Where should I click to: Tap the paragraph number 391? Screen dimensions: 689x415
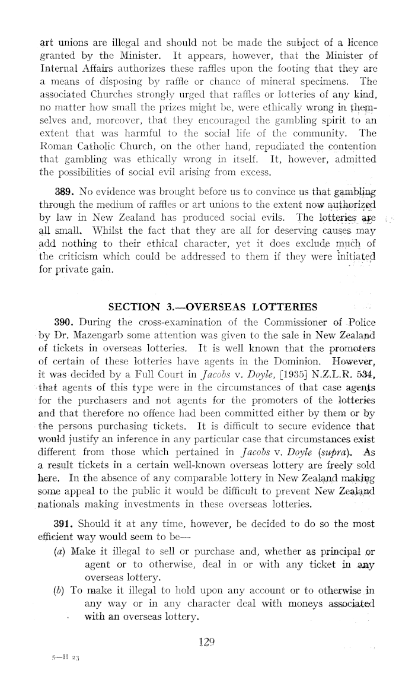63,523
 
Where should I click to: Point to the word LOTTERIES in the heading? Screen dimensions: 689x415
286,307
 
